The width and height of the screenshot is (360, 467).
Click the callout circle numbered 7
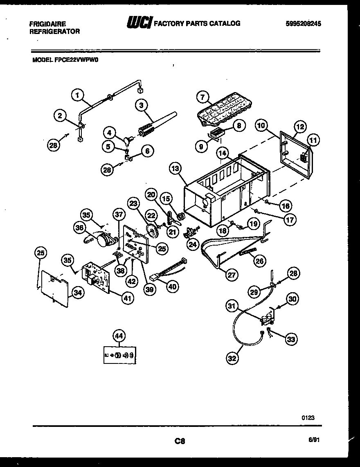pos(202,97)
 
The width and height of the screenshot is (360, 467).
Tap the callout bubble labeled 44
pos(118,336)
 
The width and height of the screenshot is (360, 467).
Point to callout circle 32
pos(232,359)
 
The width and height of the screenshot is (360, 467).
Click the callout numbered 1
pos(77,95)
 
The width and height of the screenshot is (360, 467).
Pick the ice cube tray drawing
pos(221,108)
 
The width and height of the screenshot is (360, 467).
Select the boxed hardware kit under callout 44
pos(119,354)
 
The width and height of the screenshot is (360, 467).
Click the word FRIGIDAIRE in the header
pos(47,24)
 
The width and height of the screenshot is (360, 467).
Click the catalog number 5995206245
pos(303,24)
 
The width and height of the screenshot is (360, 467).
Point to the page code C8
pos(180,441)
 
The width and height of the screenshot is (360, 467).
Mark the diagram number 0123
pos(308,418)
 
